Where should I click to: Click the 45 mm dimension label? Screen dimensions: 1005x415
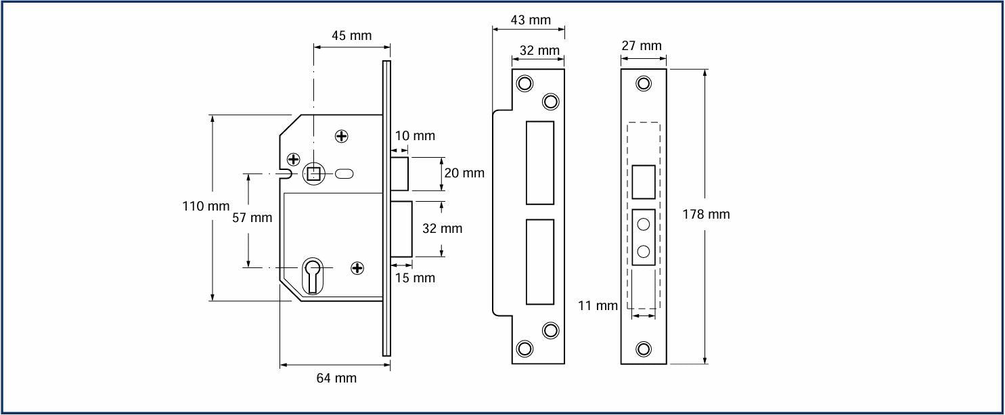pos(352,35)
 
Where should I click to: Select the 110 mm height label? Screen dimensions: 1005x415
pos(206,206)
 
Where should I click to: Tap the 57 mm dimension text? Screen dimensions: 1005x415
pos(252,217)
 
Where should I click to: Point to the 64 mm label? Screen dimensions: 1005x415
pos(336,378)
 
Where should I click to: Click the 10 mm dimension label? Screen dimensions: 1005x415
pos(415,135)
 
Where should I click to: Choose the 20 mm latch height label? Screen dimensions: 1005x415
pos(464,173)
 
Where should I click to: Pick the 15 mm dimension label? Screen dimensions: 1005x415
pos(415,278)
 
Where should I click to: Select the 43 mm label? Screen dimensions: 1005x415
pos(531,20)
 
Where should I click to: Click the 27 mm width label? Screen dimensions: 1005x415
pos(642,46)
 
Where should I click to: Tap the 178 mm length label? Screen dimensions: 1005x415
pos(706,215)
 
